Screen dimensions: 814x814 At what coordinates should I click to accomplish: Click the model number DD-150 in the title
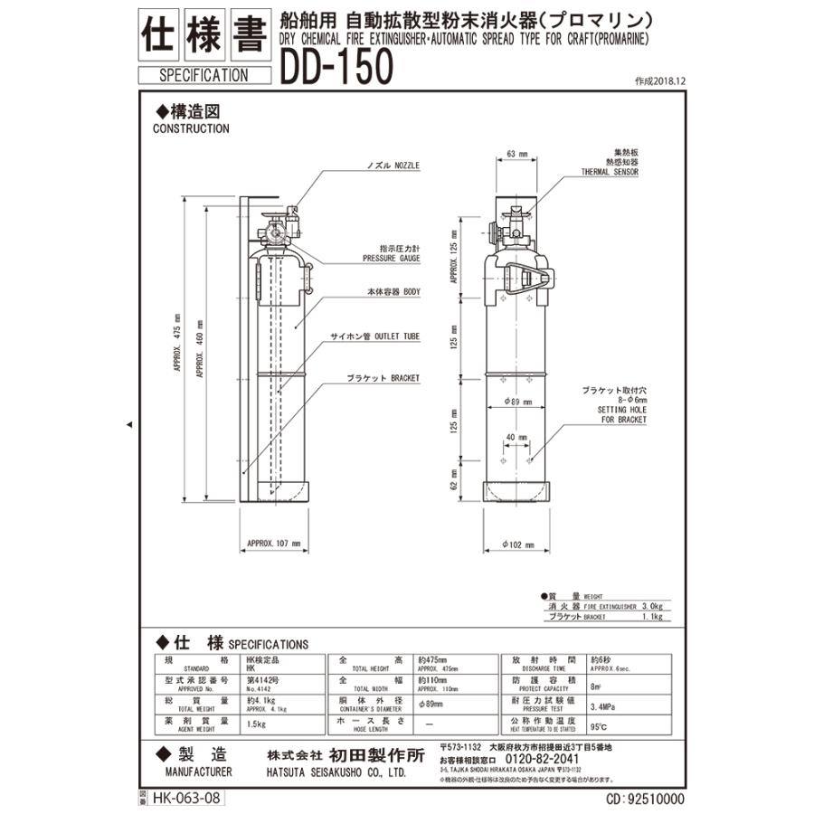(x=336, y=66)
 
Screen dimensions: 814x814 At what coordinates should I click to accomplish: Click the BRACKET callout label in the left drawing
(x=383, y=378)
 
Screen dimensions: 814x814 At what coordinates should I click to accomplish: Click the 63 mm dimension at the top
(x=516, y=155)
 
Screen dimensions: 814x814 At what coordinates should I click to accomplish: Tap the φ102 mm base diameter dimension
(x=516, y=545)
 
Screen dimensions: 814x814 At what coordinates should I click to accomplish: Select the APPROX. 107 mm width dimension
(x=273, y=544)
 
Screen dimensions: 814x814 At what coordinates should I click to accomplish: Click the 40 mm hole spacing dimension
(x=516, y=438)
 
